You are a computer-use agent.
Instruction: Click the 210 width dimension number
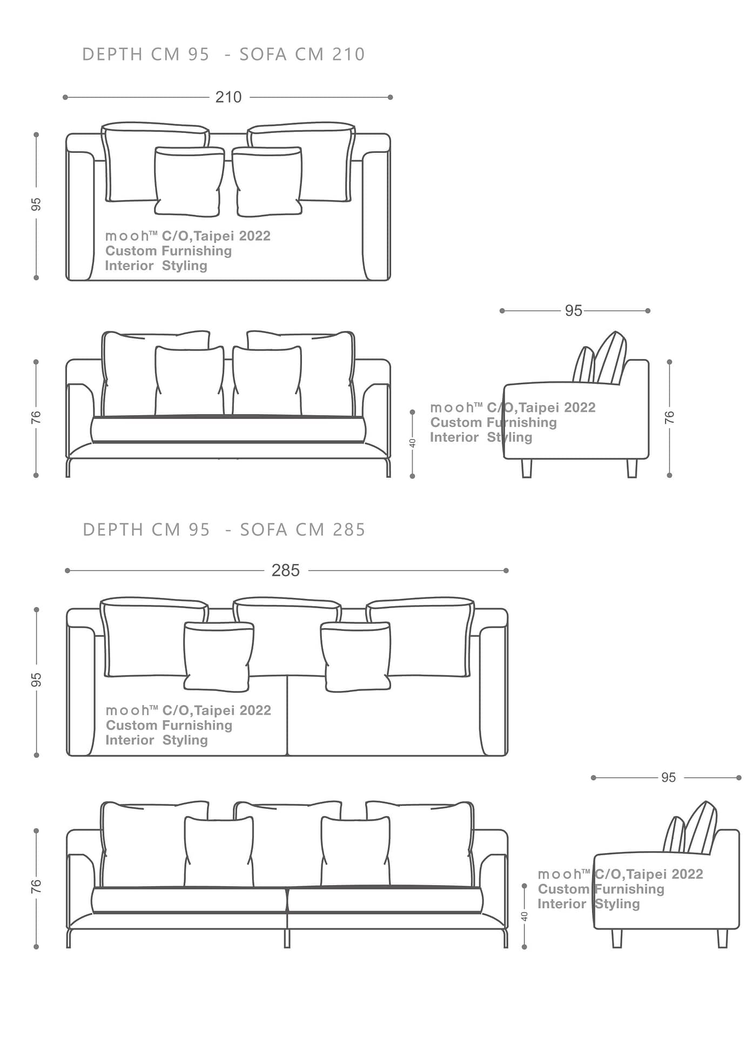[228, 97]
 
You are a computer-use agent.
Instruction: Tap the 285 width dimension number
[285, 570]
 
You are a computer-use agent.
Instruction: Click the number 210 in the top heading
[348, 55]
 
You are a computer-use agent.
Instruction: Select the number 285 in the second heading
[349, 530]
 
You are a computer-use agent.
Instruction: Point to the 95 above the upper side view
[574, 311]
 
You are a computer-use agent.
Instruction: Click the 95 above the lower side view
[668, 777]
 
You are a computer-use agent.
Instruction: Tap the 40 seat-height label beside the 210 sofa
[413, 443]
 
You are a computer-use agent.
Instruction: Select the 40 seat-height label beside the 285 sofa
[525, 916]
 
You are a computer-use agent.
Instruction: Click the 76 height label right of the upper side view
[669, 417]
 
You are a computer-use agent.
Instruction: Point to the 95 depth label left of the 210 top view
[36, 204]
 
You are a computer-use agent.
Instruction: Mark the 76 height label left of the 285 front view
[36, 886]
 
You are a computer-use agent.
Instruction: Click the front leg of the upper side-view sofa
[527, 468]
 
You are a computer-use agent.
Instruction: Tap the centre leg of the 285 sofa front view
[287, 938]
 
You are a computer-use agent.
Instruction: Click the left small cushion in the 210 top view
[189, 182]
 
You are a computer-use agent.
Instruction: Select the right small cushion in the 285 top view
[355, 656]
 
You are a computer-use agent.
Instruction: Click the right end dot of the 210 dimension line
[390, 97]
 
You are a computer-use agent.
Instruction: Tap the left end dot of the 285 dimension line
[68, 570]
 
